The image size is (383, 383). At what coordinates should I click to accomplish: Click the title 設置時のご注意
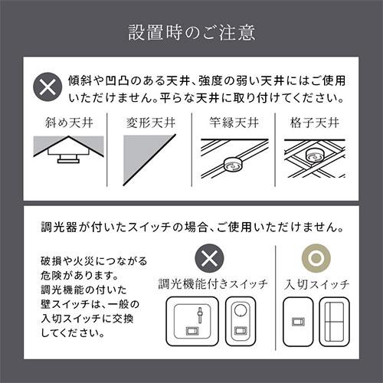[x=191, y=33]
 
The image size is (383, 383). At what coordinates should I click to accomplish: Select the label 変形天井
[x=146, y=122]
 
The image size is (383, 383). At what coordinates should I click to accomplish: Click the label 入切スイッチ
[x=316, y=284]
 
